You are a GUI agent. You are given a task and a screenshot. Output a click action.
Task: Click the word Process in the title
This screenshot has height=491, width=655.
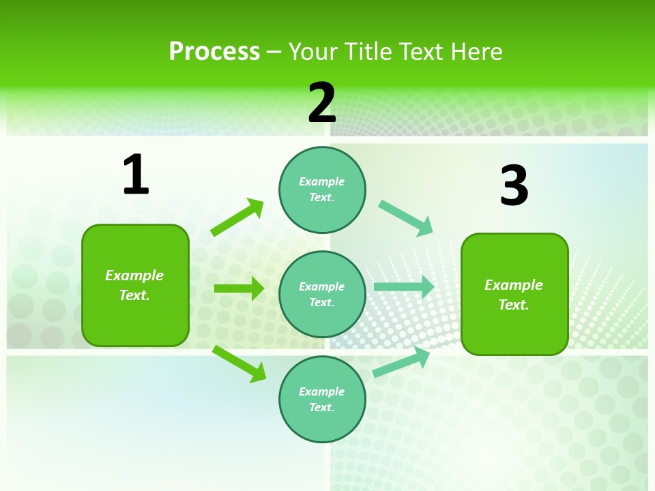[214, 51]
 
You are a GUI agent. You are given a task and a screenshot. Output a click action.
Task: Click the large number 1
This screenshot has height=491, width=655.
[136, 175]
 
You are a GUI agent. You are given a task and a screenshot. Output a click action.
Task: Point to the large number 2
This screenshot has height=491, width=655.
[322, 103]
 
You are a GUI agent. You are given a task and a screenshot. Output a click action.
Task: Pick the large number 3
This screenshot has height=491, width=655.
[514, 186]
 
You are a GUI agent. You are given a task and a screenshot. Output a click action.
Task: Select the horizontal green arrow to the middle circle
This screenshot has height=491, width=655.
[239, 288]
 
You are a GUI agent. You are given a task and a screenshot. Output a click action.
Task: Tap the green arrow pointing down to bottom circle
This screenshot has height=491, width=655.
[239, 363]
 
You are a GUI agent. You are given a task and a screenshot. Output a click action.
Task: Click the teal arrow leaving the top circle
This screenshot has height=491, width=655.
[406, 218]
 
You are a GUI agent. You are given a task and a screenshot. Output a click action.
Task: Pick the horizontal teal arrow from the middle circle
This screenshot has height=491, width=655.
[403, 287]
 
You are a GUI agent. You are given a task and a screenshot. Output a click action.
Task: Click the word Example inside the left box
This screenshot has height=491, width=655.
[134, 276]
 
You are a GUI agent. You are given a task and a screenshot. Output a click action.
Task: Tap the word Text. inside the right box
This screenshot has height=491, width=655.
[514, 305]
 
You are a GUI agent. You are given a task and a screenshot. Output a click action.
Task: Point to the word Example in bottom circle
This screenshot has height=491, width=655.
[322, 391]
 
